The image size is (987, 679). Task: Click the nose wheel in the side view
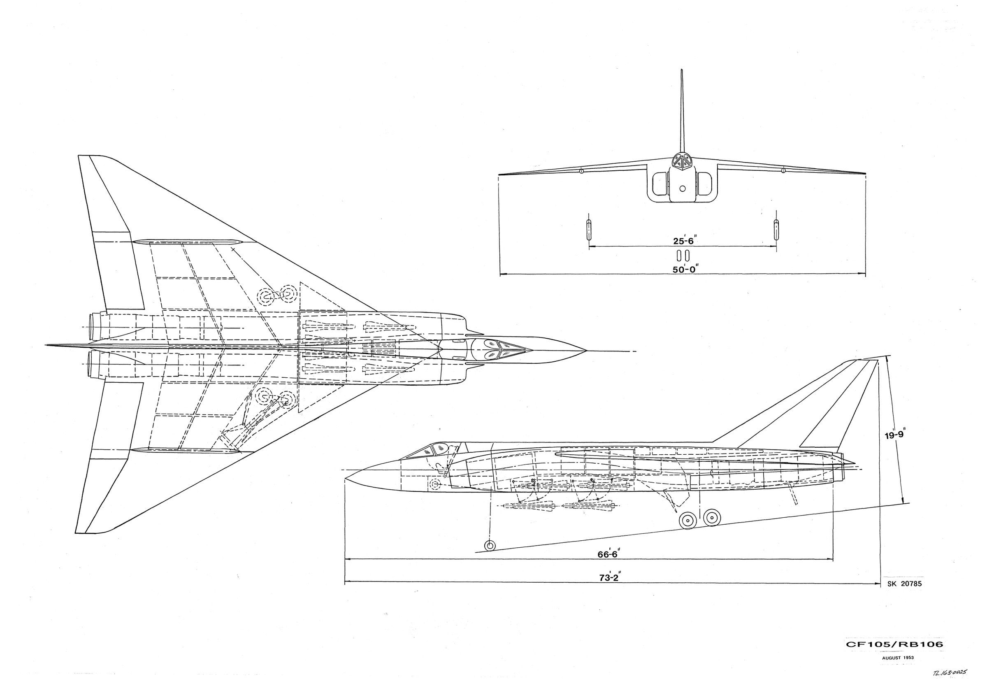[x=490, y=545]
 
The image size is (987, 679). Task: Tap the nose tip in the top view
[x=585, y=351]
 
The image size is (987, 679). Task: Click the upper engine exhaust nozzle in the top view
[x=93, y=326]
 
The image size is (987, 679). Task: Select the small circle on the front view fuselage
[x=683, y=188]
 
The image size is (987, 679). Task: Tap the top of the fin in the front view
[x=682, y=72]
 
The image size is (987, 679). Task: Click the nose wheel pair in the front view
[x=683, y=255]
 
